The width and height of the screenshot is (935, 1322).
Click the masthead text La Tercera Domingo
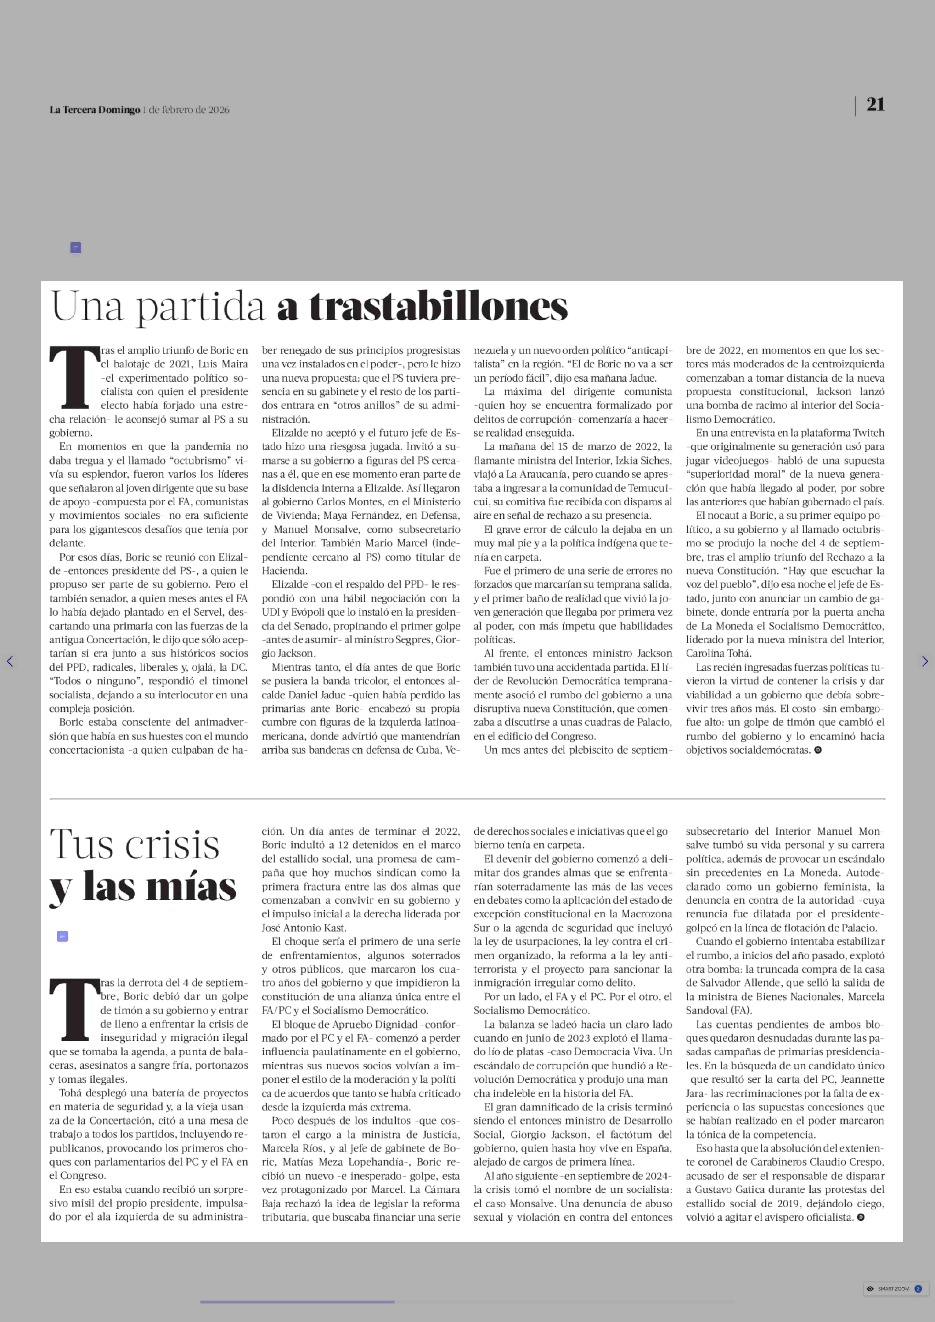(94, 110)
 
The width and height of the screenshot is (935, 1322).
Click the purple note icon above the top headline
(75, 248)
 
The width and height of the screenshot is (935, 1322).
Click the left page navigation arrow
(10, 661)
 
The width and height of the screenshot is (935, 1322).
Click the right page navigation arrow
(925, 661)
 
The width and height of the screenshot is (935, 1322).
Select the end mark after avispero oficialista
(861, 1217)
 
